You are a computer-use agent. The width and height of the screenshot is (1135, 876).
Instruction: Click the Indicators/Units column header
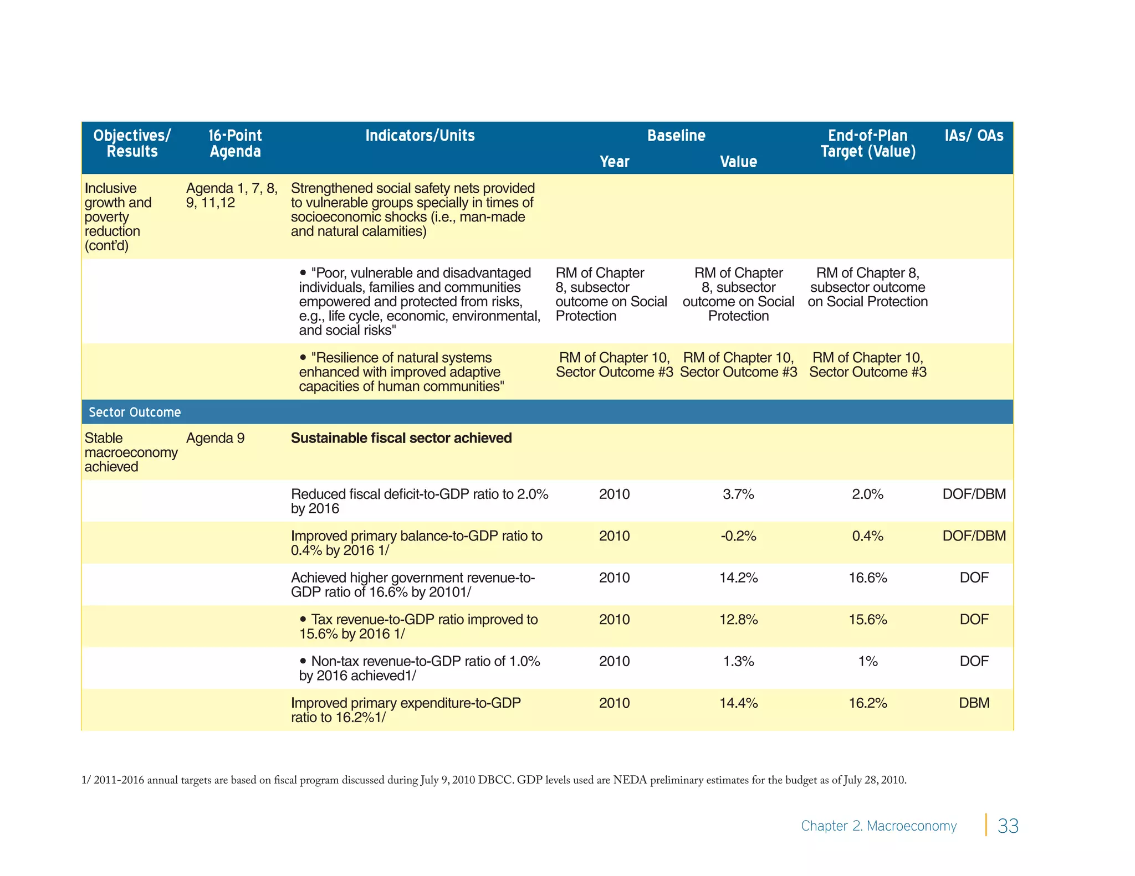click(x=420, y=136)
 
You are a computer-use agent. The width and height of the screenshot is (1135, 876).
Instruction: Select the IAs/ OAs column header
click(x=974, y=136)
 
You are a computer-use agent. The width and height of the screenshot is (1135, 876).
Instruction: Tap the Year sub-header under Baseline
click(x=614, y=162)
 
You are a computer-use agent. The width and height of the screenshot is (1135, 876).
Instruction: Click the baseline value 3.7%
click(x=738, y=494)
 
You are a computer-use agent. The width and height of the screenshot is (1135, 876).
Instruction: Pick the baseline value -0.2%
click(x=738, y=536)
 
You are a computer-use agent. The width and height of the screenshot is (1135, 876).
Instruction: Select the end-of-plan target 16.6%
click(x=868, y=578)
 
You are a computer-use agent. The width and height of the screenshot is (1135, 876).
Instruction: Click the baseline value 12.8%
click(x=738, y=619)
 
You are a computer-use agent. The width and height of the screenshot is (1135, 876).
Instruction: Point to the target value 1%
click(x=868, y=661)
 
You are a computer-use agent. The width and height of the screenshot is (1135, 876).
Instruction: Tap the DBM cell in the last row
click(x=974, y=703)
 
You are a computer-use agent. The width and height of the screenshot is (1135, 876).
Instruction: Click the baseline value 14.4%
click(x=738, y=703)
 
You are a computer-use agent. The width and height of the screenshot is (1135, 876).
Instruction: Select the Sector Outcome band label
click(x=135, y=413)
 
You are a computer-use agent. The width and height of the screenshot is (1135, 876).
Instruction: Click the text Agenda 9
click(x=215, y=438)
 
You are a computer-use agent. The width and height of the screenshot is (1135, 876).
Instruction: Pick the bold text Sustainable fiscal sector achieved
click(x=401, y=438)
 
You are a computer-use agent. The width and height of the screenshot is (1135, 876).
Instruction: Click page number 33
click(x=1008, y=826)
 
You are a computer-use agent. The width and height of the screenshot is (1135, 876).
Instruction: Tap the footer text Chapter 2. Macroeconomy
click(x=878, y=826)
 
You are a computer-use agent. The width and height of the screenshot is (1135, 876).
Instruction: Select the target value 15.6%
click(x=868, y=619)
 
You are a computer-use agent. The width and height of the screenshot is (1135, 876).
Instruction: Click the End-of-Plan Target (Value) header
click(x=868, y=143)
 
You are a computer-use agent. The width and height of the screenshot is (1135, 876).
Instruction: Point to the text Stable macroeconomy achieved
click(x=131, y=452)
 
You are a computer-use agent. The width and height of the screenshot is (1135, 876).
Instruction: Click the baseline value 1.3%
click(x=738, y=661)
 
